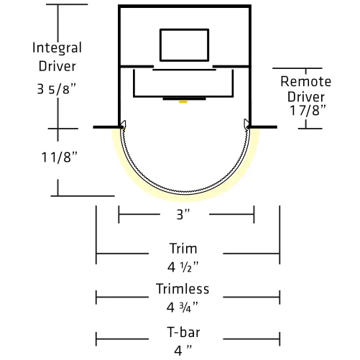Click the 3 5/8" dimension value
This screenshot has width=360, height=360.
point(57,89)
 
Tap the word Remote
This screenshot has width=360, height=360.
point(306,81)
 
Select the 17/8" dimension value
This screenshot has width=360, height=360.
point(308,111)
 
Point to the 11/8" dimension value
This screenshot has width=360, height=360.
point(60,157)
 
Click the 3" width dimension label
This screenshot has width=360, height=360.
point(183,214)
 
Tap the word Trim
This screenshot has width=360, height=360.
point(183,249)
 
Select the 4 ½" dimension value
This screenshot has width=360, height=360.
point(183,267)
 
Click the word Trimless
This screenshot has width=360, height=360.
point(183,289)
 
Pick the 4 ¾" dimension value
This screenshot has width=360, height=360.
point(183,308)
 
